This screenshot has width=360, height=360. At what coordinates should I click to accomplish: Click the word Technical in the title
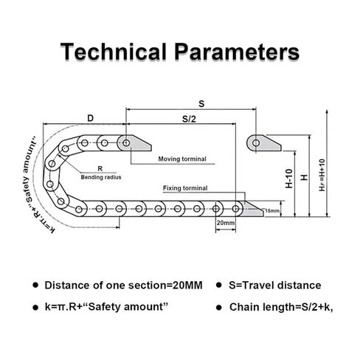tap(114, 52)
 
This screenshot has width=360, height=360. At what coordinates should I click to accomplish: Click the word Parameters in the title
tap(237, 52)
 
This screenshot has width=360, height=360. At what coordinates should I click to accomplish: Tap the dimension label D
tap(91, 118)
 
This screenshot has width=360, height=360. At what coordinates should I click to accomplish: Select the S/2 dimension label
tap(189, 120)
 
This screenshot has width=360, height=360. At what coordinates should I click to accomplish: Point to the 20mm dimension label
tap(226, 223)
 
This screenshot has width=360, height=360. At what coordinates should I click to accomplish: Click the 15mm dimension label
tap(272, 211)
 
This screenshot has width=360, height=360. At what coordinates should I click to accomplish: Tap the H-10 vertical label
tap(289, 179)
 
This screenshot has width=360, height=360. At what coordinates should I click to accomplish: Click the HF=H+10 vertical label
tap(322, 175)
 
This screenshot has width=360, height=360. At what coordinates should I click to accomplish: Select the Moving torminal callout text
tap(182, 159)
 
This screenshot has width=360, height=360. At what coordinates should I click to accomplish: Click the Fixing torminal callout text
tap(185, 188)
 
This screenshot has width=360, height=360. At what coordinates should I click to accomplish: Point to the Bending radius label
tap(101, 177)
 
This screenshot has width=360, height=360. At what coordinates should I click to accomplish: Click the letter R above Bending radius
tap(100, 169)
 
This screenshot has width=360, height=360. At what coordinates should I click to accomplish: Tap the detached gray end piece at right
tap(263, 143)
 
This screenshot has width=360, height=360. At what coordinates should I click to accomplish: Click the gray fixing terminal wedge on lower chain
tap(253, 210)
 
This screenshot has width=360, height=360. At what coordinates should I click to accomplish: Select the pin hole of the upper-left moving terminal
tap(126, 143)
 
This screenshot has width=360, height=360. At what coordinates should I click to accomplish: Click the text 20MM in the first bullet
tap(187, 285)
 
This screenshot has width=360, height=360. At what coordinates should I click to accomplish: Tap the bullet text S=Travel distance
tap(274, 285)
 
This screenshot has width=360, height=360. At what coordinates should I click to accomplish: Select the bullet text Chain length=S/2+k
tap(281, 307)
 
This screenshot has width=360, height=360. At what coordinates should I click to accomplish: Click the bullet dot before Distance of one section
tap(36, 285)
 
